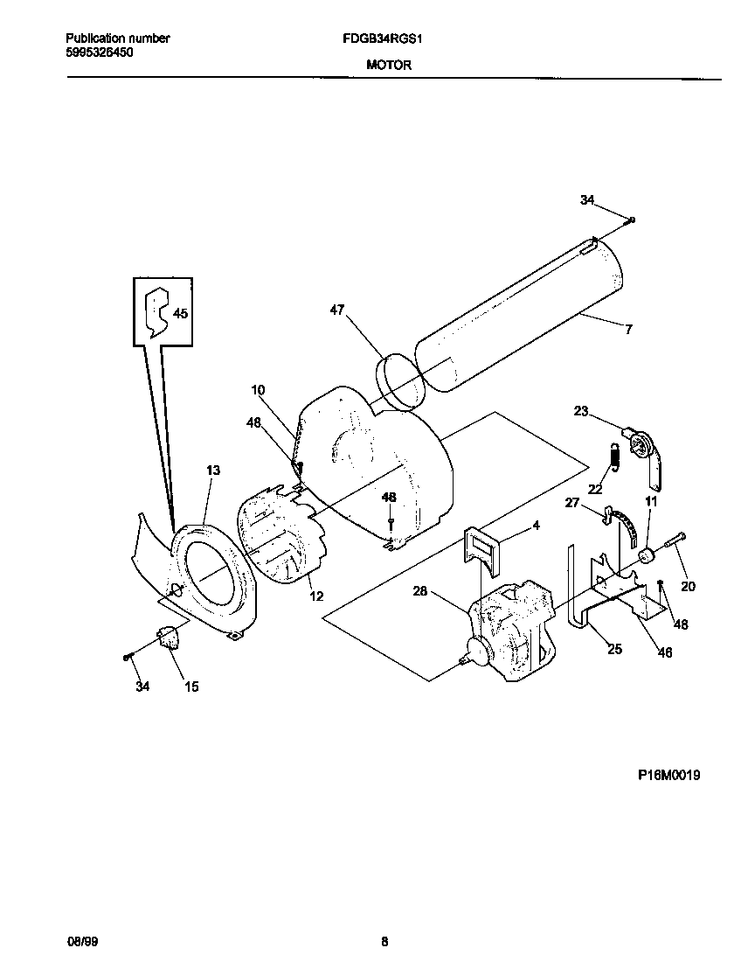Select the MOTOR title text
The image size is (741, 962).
383,66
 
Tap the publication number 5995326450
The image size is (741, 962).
100,52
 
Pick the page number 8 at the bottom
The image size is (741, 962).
384,942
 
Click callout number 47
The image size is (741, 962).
338,310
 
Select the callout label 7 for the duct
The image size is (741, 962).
627,330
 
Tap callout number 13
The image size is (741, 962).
212,471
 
